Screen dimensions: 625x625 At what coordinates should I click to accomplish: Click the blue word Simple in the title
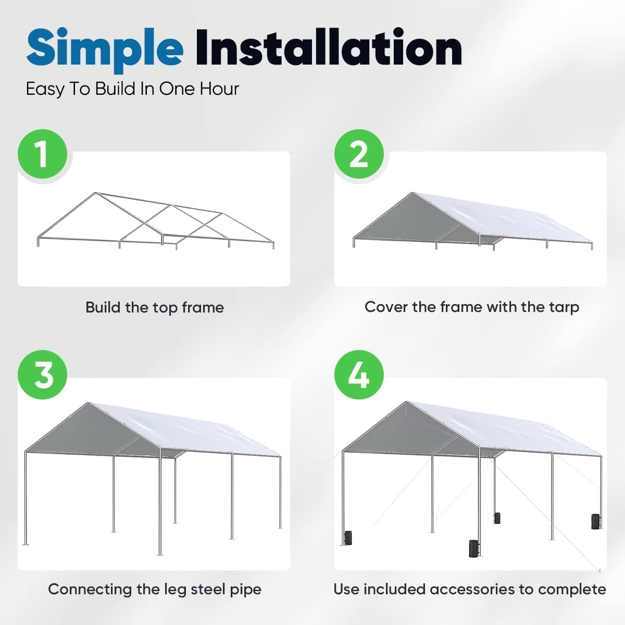click(104, 48)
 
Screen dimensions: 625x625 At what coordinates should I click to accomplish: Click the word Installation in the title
click(328, 48)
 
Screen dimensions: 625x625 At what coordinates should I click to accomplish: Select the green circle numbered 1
click(43, 154)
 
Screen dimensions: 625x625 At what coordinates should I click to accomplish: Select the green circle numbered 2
click(359, 154)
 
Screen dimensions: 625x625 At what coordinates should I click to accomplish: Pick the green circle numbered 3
click(43, 374)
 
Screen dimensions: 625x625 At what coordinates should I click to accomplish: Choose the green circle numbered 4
click(359, 374)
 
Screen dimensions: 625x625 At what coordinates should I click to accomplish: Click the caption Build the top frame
click(154, 307)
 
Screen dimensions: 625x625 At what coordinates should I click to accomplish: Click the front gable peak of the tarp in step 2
click(413, 194)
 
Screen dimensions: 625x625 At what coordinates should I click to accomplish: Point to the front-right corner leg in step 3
click(160, 505)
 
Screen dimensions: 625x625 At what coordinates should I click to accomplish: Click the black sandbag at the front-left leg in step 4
click(347, 537)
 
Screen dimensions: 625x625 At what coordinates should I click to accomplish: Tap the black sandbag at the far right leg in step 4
click(595, 521)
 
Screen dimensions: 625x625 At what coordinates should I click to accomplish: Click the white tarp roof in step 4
click(500, 427)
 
